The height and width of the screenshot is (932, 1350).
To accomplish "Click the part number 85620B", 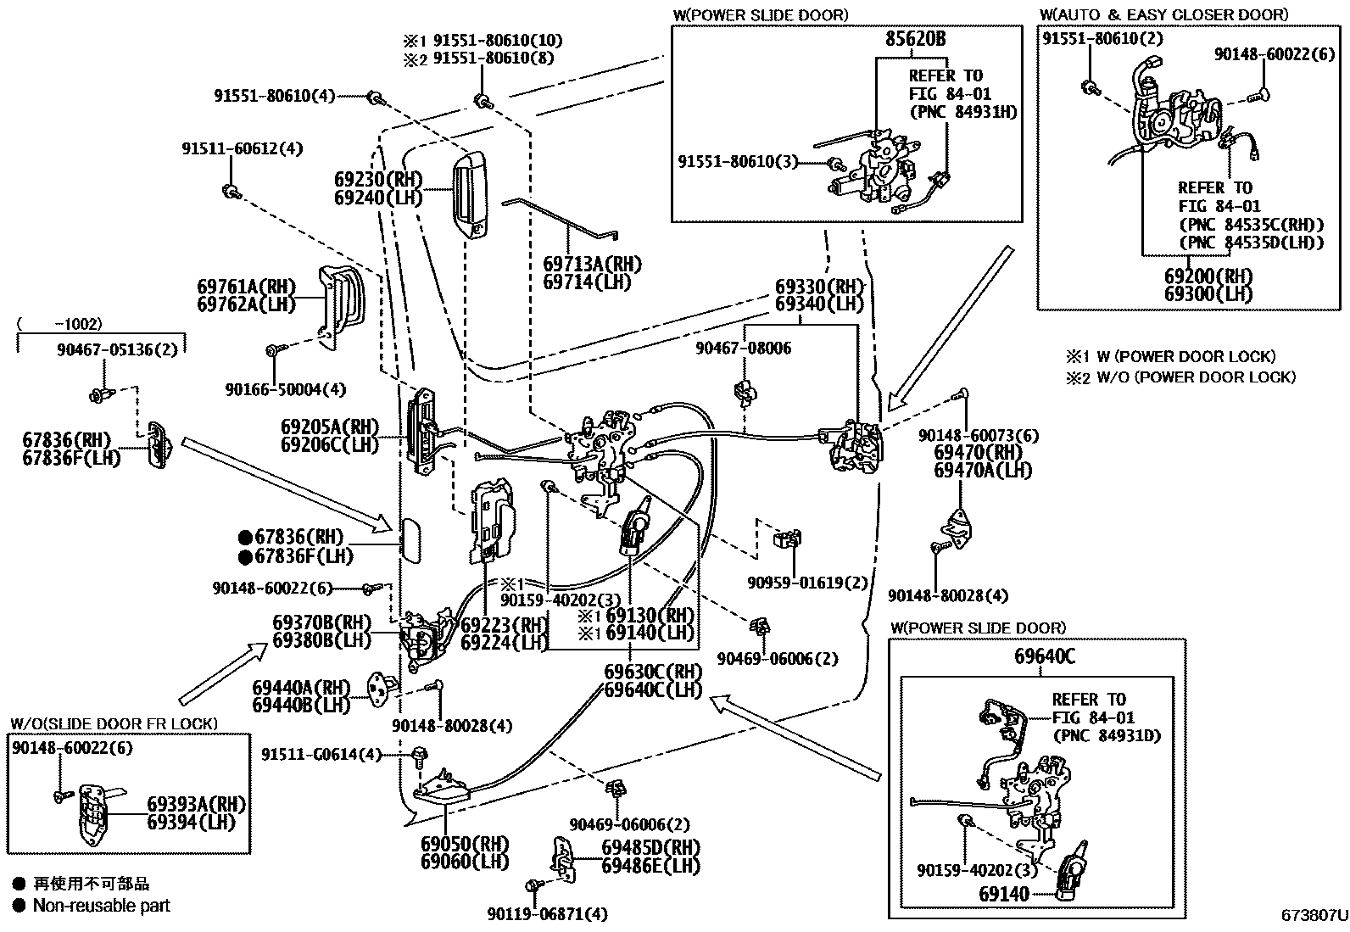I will (x=916, y=39).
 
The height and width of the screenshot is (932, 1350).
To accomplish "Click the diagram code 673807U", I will (x=1314, y=916).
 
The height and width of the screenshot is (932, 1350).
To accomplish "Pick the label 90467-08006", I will (x=743, y=349).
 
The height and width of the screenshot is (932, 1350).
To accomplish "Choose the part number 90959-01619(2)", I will (x=807, y=583).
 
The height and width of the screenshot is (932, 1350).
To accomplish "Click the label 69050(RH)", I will (x=465, y=844).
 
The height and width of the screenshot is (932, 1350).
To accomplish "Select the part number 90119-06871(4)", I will (x=547, y=914).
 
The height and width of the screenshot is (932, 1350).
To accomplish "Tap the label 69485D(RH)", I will (x=650, y=847).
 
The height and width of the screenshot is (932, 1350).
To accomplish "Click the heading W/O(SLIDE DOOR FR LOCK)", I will (x=114, y=723).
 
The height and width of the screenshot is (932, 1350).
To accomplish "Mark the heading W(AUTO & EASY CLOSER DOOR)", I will (x=1163, y=14).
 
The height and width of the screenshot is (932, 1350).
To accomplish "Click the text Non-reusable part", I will (x=102, y=906).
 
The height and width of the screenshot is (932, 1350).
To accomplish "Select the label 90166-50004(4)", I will (x=286, y=389).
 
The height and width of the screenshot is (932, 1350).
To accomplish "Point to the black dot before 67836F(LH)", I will (x=245, y=556).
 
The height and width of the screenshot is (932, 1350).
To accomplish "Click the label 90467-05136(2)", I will (x=106, y=347).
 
